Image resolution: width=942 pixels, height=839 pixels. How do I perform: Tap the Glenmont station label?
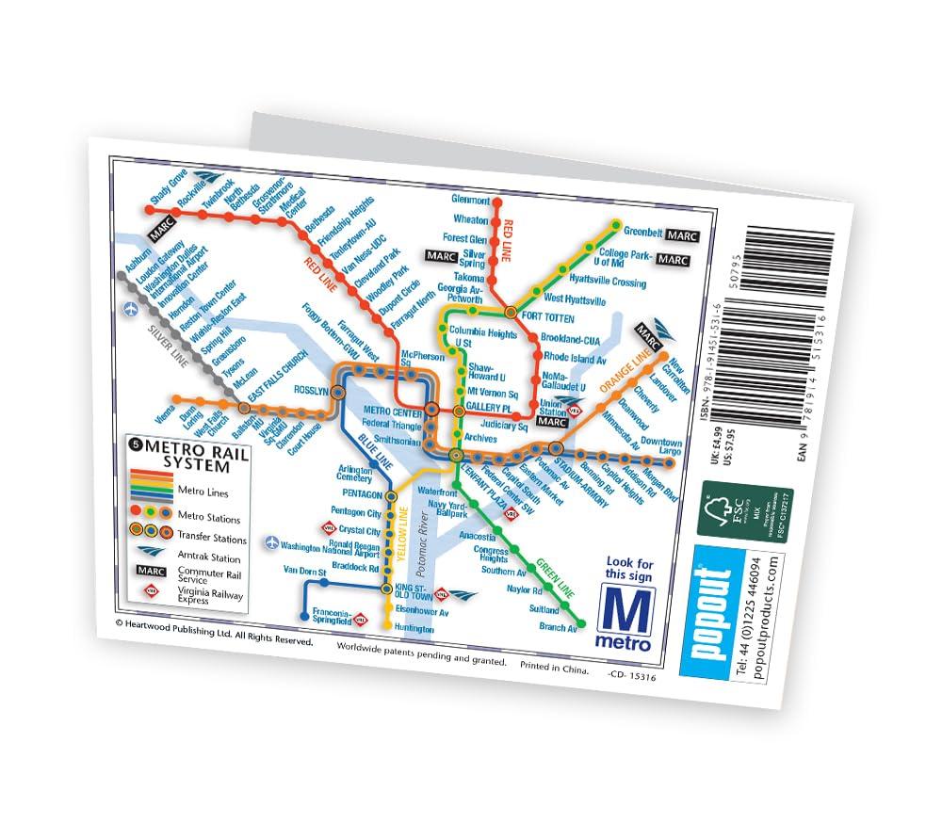(471, 201)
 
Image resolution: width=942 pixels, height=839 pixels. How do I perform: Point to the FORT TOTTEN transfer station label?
(546, 318)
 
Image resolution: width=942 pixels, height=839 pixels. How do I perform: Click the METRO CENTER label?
(393, 410)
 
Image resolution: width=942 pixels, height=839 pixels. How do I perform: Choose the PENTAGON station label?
(364, 494)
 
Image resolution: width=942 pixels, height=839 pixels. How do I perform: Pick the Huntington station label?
(415, 628)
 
